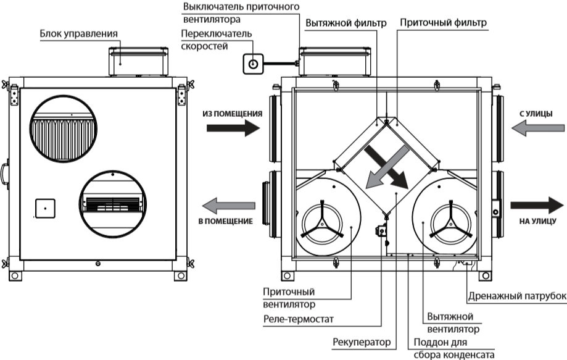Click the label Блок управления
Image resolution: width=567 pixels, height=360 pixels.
pos(79,33)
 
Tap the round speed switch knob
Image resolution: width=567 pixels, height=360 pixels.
pos(253,63)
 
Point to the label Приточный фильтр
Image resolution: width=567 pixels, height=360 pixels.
pos(443,23)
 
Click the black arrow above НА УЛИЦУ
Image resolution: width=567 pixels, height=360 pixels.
pos(536,206)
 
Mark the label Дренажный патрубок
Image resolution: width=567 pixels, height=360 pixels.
pos(517,295)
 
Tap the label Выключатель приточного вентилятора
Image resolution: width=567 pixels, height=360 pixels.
pos(241,13)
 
